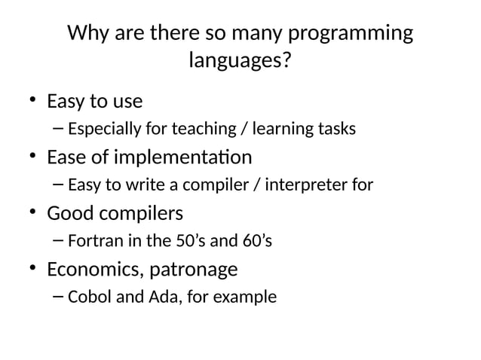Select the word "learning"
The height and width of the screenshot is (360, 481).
click(x=287, y=130)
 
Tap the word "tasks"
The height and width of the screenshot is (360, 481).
click(x=338, y=129)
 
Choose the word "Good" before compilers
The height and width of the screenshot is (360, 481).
click(x=69, y=213)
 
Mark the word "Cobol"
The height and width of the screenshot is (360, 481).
click(x=87, y=297)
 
